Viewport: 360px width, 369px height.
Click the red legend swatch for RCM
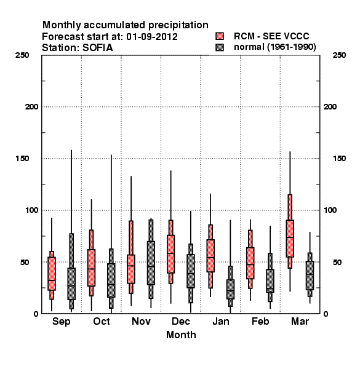[220, 36]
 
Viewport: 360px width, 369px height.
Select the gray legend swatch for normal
[220, 47]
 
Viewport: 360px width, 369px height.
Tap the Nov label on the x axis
[141, 321]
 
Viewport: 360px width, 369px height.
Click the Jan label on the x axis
[220, 321]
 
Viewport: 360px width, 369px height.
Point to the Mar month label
[300, 321]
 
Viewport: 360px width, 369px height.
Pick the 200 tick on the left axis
[31, 107]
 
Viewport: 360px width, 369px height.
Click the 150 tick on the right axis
[339, 159]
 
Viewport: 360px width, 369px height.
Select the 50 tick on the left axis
[25, 262]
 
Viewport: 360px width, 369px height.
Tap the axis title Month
[181, 335]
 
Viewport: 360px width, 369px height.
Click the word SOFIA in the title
[97, 48]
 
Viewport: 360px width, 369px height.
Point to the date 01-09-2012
[152, 37]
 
